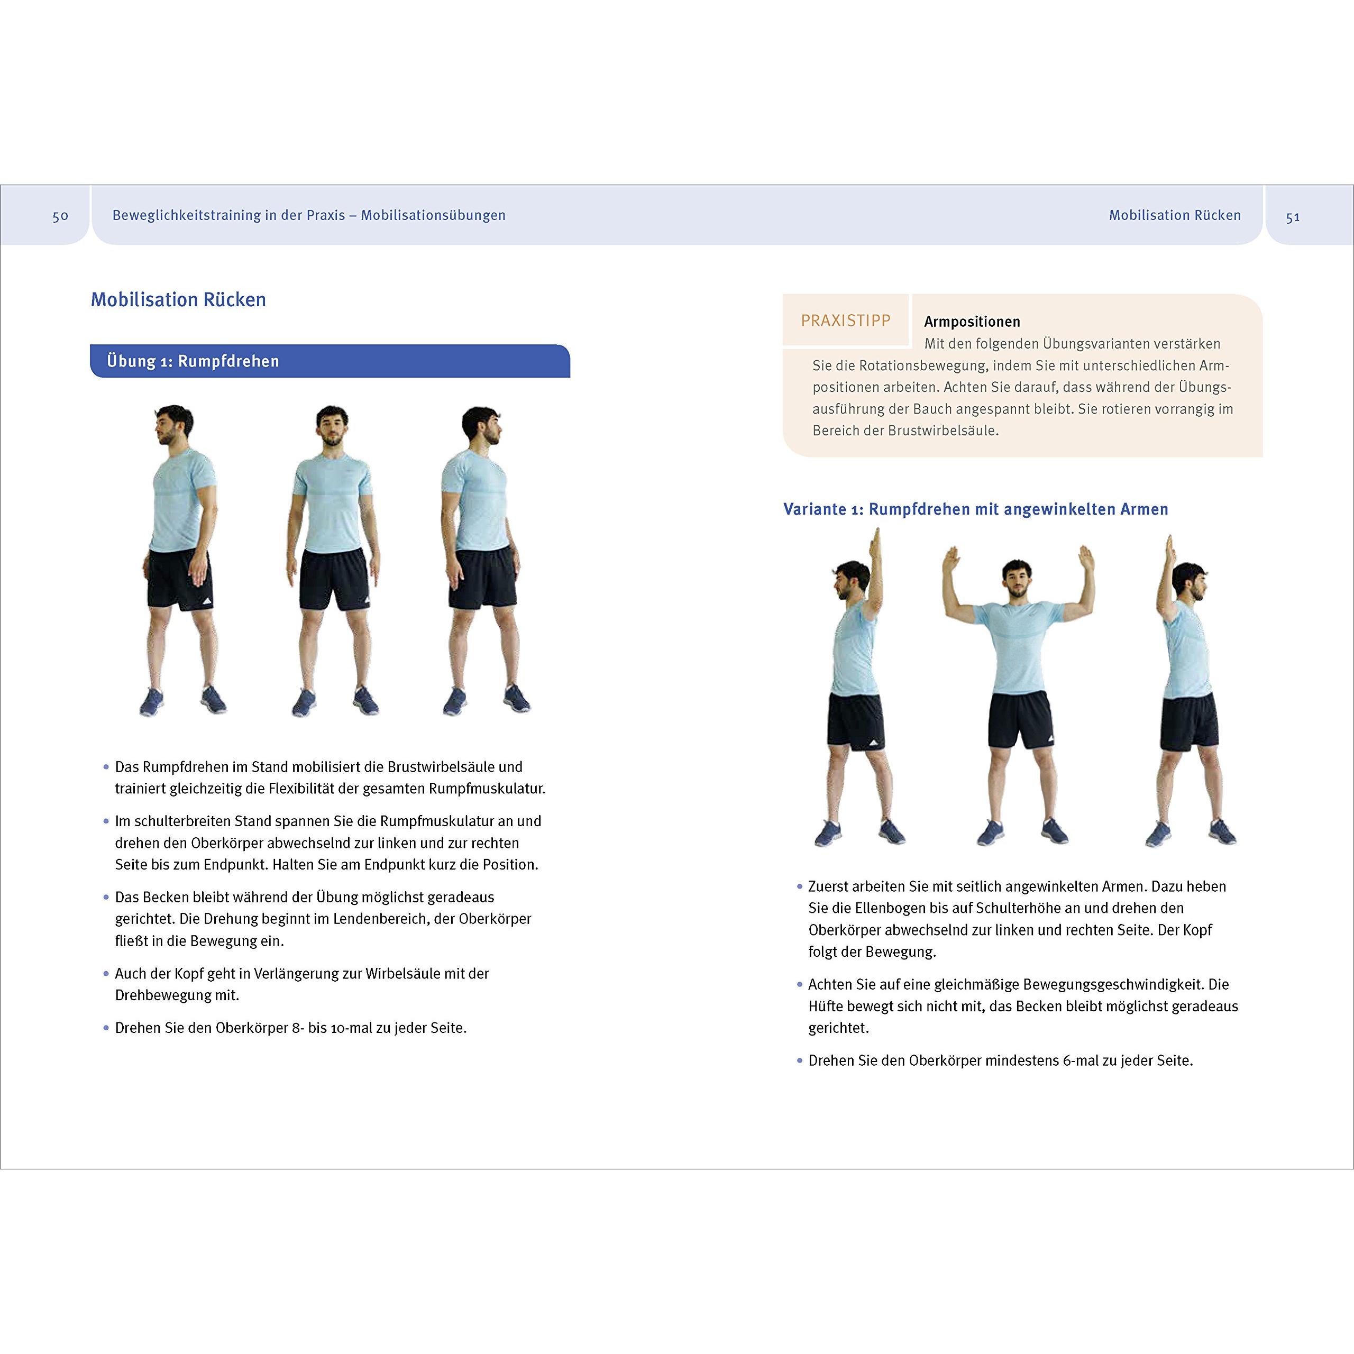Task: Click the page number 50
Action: click(60, 216)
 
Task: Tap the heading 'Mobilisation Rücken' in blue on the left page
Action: click(178, 300)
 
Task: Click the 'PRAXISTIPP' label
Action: click(845, 321)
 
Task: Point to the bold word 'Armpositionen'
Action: click(972, 322)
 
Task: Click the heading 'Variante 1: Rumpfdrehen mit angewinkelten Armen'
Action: click(975, 509)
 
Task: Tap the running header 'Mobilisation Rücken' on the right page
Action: click(1175, 215)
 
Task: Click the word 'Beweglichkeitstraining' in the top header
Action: click(186, 215)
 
